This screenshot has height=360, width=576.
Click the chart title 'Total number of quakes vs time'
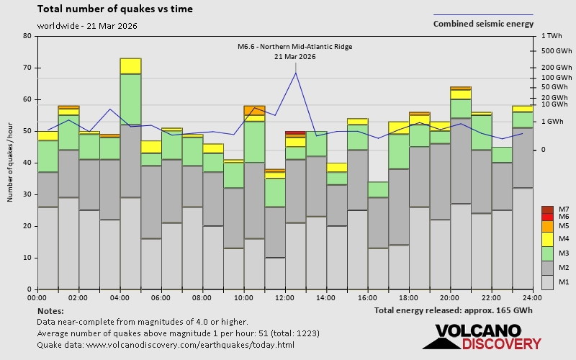click(x=115, y=9)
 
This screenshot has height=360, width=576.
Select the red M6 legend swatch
click(x=547, y=217)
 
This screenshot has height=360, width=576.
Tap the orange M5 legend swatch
click(x=547, y=226)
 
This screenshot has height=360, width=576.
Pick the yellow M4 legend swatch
click(x=547, y=239)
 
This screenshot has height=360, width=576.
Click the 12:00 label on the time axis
click(x=284, y=297)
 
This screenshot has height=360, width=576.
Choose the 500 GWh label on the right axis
click(x=556, y=51)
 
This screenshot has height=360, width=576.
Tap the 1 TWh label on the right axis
click(x=552, y=36)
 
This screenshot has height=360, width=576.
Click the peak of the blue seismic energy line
click(x=296, y=73)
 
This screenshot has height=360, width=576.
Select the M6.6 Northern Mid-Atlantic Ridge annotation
click(x=295, y=51)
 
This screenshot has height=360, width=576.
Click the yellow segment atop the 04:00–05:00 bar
click(x=131, y=66)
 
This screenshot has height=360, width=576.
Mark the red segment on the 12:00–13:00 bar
click(x=295, y=132)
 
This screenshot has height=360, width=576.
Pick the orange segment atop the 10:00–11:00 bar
click(x=254, y=111)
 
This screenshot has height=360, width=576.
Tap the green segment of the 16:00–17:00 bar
click(x=378, y=189)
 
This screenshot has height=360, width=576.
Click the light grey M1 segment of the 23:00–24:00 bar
click(x=523, y=239)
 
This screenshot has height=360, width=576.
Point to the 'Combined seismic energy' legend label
click(x=483, y=24)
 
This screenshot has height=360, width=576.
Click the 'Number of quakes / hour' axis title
click(x=10, y=162)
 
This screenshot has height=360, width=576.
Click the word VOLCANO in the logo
click(x=478, y=331)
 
